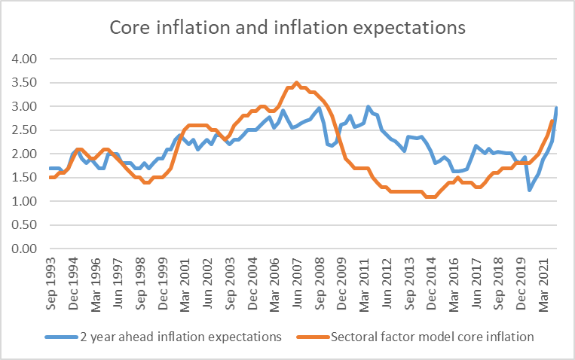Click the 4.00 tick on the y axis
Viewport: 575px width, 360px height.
21,59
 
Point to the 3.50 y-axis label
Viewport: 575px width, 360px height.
21,83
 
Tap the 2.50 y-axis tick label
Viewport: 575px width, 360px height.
21,130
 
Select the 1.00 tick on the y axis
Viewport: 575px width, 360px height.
21,202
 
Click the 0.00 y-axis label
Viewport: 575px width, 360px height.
21,249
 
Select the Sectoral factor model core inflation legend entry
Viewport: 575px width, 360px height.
423,337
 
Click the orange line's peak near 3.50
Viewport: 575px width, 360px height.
297,83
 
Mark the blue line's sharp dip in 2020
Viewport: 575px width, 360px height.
530,190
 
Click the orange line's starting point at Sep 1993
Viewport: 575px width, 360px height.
50,178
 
